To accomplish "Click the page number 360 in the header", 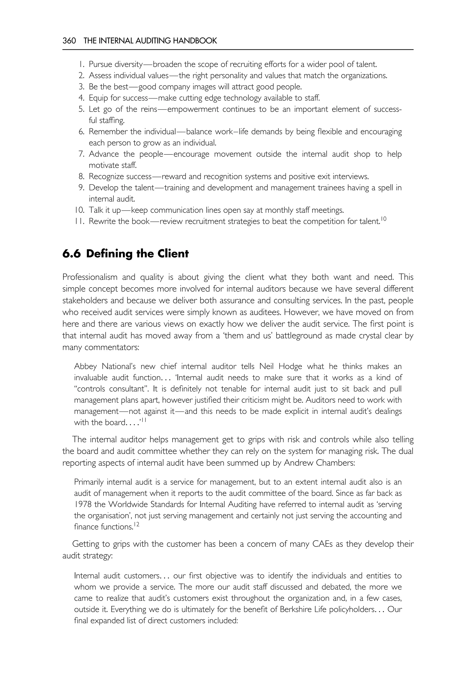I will click(69, 41).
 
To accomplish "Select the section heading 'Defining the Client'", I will click(137, 254).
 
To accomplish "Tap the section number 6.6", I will click(71, 254).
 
